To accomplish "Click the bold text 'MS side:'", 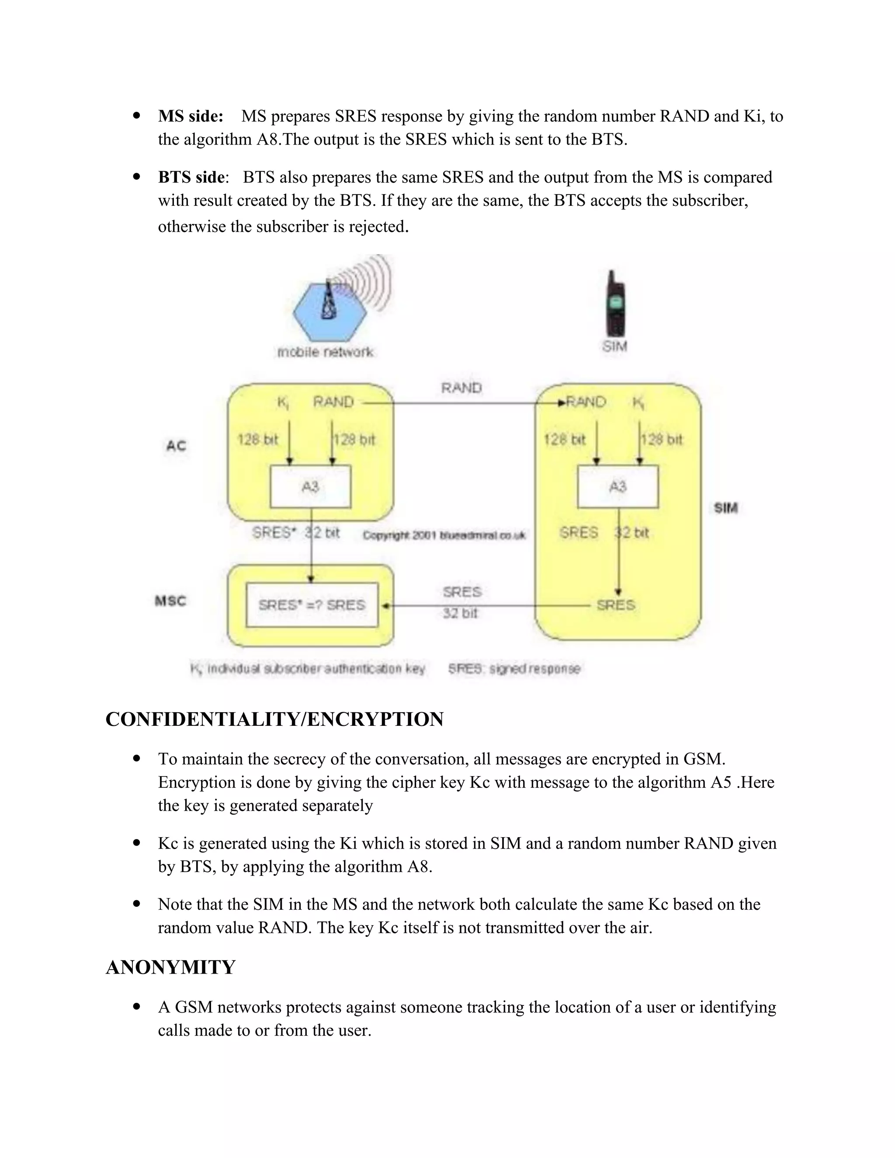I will tap(191, 116).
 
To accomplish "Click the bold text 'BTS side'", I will tap(191, 177).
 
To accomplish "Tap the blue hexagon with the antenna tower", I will tap(329, 312).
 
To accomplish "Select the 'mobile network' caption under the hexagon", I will tap(326, 352).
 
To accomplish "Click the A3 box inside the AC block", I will tap(310, 487).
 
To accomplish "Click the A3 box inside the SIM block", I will tap(617, 487).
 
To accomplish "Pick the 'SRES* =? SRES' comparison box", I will tap(312, 605).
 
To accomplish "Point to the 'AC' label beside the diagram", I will tap(176, 445).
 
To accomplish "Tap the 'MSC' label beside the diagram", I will tap(170, 601).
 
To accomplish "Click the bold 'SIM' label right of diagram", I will tap(726, 508).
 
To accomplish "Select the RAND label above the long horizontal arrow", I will tap(461, 388).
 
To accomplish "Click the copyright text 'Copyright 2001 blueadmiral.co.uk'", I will tap(444, 536).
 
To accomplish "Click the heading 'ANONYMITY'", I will tap(170, 967).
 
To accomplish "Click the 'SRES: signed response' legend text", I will tap(514, 669).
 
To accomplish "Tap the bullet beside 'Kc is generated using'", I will tap(137, 842).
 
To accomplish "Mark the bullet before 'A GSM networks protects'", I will tap(137, 1006).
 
